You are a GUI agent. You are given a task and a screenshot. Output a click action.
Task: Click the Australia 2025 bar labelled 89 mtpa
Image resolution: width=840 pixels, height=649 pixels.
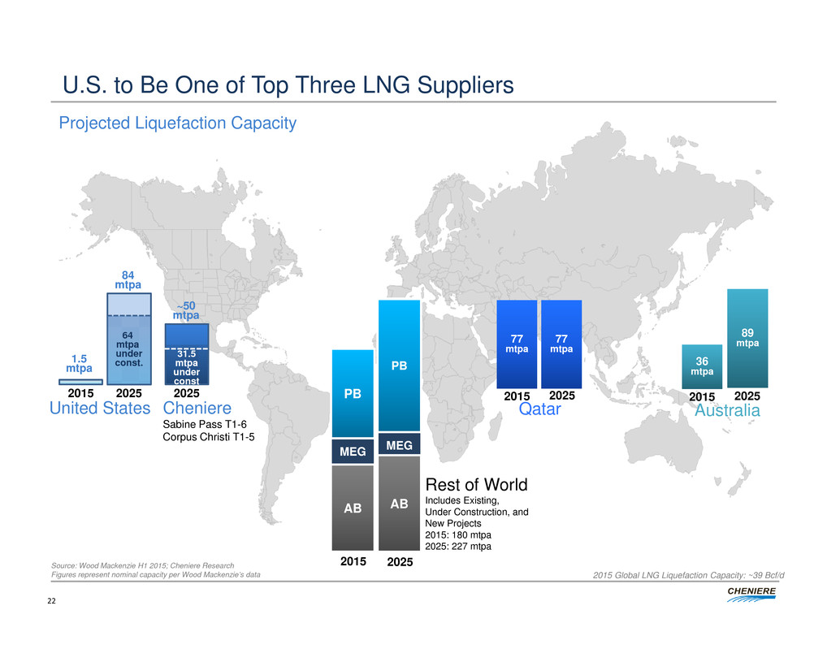[747, 338]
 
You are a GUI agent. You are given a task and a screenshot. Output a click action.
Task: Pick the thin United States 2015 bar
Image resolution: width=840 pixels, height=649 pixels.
[80, 381]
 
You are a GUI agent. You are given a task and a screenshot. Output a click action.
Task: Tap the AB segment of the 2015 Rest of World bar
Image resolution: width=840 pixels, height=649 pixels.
[353, 508]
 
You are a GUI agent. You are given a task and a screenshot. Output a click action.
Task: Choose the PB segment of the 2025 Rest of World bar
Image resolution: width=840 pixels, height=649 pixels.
[399, 366]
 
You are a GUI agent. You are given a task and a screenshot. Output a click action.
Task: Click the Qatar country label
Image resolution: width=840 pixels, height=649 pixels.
[540, 410]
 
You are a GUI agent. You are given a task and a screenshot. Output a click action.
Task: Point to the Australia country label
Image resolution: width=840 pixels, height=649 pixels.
[727, 412]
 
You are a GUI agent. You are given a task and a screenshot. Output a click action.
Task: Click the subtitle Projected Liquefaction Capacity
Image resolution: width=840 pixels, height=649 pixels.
[176, 123]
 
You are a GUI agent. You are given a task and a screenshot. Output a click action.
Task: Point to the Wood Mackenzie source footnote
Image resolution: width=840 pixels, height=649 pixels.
[142, 565]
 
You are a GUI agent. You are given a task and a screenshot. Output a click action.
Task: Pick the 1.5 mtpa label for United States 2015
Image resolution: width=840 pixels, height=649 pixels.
[80, 362]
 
